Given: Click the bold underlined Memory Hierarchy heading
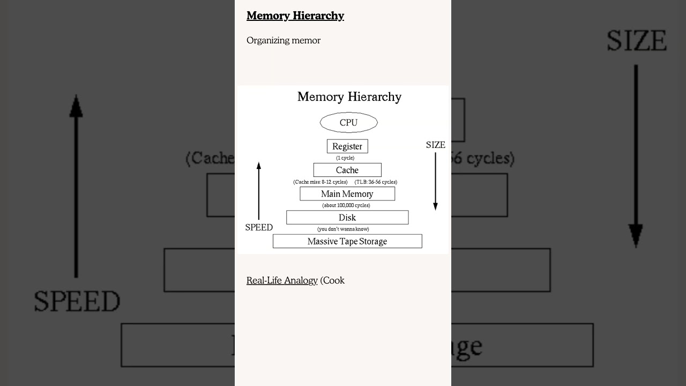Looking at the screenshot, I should pyautogui.click(x=295, y=16).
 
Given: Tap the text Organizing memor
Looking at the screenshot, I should pyautogui.click(x=283, y=41).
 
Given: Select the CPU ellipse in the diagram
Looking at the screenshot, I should pyautogui.click(x=348, y=123).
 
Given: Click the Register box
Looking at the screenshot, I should pyautogui.click(x=347, y=146).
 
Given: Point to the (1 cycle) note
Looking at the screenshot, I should pyautogui.click(x=345, y=158).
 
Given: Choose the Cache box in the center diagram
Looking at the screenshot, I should pyautogui.click(x=347, y=170).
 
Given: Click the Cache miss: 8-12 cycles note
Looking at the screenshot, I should pyautogui.click(x=320, y=182).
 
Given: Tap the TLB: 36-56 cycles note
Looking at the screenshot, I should pyautogui.click(x=376, y=182).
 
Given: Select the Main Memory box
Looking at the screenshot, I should pyautogui.click(x=347, y=194).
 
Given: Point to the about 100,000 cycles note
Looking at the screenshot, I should pyautogui.click(x=346, y=205).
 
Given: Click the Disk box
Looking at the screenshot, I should pyautogui.click(x=347, y=218).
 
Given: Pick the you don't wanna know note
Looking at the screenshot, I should pyautogui.click(x=343, y=229).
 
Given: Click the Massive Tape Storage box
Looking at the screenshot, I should pyautogui.click(x=347, y=241).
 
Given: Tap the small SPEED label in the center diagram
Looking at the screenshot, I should pyautogui.click(x=259, y=227).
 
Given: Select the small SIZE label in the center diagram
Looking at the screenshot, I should pyautogui.click(x=435, y=145).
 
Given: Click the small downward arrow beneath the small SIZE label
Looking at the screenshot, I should pyautogui.click(x=435, y=182).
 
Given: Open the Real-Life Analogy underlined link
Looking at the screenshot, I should pyautogui.click(x=282, y=280).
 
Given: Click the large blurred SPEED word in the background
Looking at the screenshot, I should pyautogui.click(x=77, y=301).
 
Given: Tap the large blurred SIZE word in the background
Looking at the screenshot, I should pyautogui.click(x=636, y=41).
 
